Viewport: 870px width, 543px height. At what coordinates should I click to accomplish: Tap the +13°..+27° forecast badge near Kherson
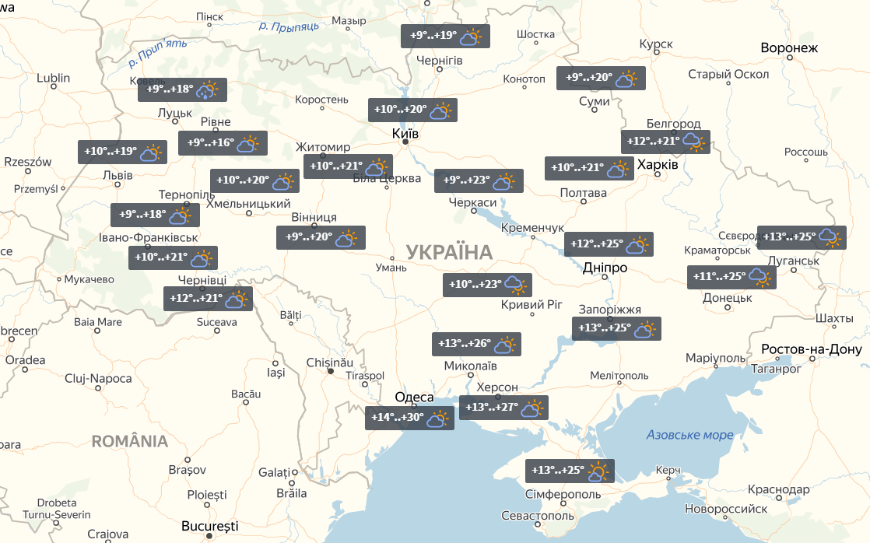503,408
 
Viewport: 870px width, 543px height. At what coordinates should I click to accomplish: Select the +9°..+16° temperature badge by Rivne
223,142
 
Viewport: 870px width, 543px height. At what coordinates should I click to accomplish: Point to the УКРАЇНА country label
449,252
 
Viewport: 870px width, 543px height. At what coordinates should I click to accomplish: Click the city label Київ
405,134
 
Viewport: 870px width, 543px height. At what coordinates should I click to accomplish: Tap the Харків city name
658,165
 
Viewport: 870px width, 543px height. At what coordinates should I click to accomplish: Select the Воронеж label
790,48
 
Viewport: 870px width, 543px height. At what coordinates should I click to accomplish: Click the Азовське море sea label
689,435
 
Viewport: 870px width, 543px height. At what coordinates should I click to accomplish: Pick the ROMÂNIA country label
130,442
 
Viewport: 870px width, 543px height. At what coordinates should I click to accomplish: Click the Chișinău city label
330,363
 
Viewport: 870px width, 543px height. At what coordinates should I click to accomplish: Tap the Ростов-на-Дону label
812,349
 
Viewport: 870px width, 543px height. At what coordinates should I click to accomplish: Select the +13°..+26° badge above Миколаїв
476,344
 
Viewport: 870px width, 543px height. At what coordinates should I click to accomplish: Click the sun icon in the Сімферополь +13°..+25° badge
598,471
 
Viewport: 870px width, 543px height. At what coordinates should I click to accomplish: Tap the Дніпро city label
605,268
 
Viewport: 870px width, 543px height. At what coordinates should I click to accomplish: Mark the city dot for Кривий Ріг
531,314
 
